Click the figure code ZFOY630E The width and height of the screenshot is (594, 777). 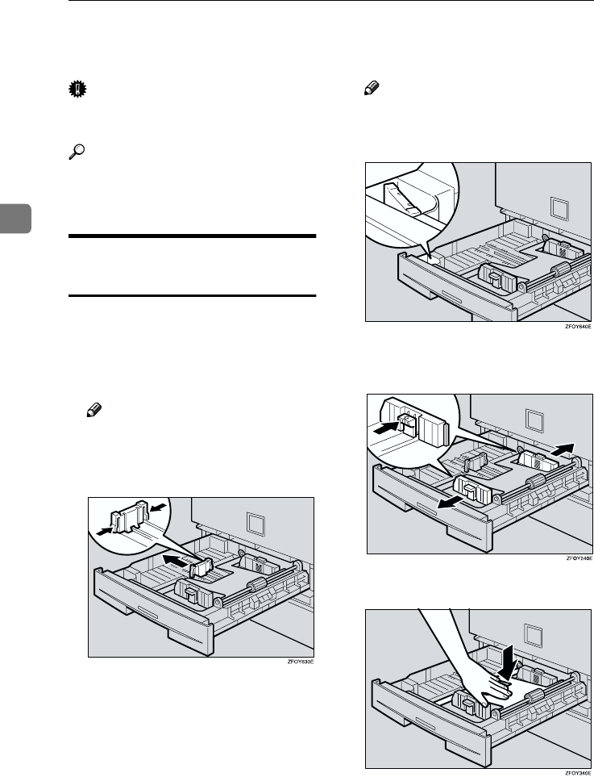click(298, 662)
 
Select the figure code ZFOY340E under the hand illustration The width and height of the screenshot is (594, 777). click(578, 771)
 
